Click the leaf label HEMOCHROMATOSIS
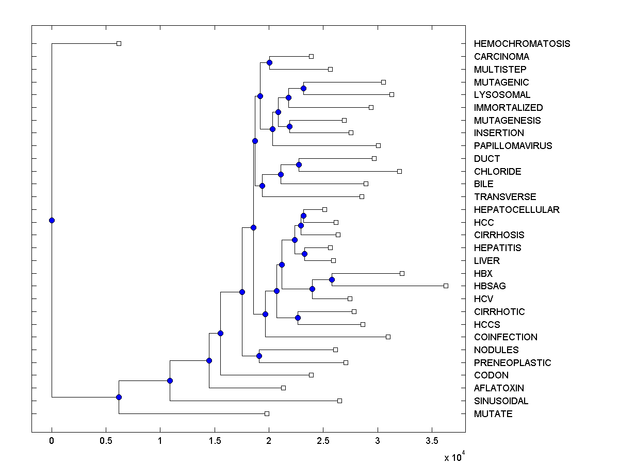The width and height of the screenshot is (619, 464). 522,44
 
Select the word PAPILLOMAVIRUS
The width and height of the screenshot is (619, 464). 513,146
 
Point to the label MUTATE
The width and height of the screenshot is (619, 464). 493,414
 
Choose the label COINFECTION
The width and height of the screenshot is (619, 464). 506,337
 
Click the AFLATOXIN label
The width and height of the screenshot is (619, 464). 499,388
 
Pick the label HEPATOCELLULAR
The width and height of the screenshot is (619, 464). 516,210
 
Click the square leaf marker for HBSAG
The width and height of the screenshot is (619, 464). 446,286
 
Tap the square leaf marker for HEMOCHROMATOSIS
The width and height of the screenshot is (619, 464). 119,44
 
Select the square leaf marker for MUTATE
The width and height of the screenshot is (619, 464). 267,413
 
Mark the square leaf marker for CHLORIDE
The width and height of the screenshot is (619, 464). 399,171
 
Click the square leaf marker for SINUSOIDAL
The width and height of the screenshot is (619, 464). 339,401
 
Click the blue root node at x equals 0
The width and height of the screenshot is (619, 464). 52,220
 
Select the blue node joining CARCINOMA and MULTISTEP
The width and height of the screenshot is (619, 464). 269,62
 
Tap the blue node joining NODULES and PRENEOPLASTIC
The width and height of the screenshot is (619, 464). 259,356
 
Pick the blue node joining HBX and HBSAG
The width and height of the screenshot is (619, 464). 332,279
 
